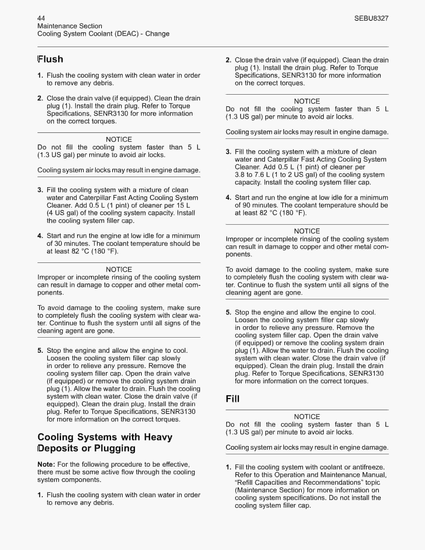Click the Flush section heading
[x=50, y=59]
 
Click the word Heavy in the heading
[x=158, y=437]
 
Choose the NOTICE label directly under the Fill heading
[x=307, y=417]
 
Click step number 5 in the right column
[x=228, y=312]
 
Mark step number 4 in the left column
[x=40, y=236]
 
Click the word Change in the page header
[x=157, y=34]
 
